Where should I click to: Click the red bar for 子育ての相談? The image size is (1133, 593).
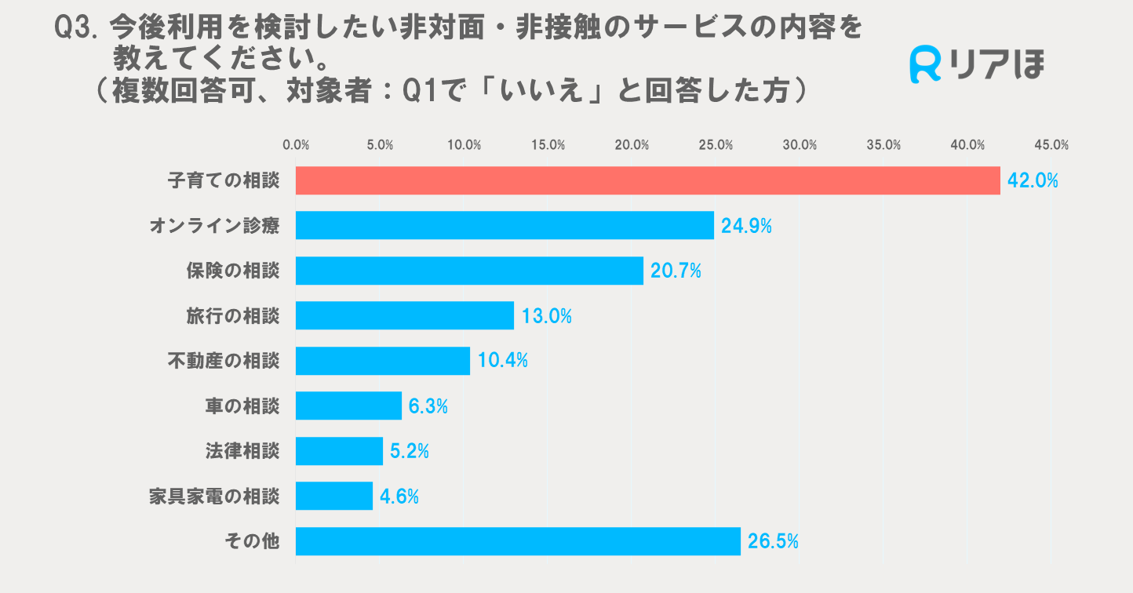pyautogui.click(x=647, y=180)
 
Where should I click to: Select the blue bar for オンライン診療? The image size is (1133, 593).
pyautogui.click(x=505, y=226)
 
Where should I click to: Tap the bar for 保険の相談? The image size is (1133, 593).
pyautogui.click(x=469, y=271)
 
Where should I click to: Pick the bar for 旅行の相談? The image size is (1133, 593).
pyautogui.click(x=404, y=316)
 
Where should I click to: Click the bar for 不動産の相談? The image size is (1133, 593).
pyautogui.click(x=382, y=361)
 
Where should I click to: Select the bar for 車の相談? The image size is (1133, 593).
pyautogui.click(x=348, y=406)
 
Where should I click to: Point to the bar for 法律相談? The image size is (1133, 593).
pyautogui.click(x=339, y=451)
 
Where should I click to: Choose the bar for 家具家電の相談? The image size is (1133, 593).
pyautogui.click(x=334, y=497)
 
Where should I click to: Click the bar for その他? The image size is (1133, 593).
pyautogui.click(x=518, y=541)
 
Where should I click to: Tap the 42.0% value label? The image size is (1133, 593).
pyautogui.click(x=1033, y=180)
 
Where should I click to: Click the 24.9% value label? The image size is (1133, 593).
pyautogui.click(x=746, y=226)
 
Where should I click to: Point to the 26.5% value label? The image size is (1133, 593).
pyautogui.click(x=773, y=541)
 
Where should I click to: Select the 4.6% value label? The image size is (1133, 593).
pyautogui.click(x=399, y=497)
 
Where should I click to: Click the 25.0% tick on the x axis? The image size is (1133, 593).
pyautogui.click(x=716, y=145)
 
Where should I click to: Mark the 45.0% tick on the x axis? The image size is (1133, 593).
pyautogui.click(x=1051, y=145)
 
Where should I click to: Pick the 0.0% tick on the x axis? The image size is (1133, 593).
pyautogui.click(x=296, y=145)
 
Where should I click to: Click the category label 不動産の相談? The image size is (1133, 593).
pyautogui.click(x=224, y=361)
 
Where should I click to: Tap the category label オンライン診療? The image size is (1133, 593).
pyautogui.click(x=214, y=226)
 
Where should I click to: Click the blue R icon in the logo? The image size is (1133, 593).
pyautogui.click(x=926, y=64)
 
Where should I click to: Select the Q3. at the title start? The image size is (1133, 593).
pyautogui.click(x=75, y=29)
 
